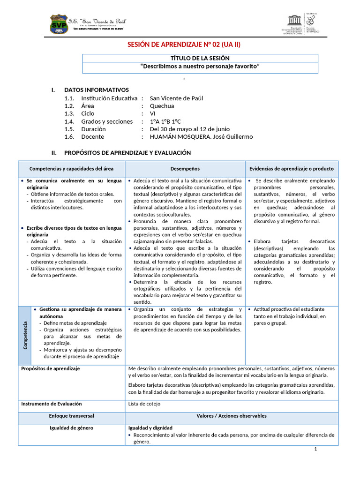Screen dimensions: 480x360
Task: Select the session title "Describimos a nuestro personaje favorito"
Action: [x=200, y=67]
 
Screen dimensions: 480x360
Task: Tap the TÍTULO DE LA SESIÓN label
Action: [x=200, y=58]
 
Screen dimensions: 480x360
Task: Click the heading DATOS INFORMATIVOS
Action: [x=96, y=90]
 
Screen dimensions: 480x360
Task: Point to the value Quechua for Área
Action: [x=162, y=106]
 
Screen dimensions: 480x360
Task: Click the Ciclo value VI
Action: [x=153, y=113]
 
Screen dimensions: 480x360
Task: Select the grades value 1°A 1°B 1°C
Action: [x=165, y=121]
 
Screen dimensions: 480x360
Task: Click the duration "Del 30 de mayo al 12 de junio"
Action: [x=189, y=129]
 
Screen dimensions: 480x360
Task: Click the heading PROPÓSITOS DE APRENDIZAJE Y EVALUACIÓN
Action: [x=127, y=153]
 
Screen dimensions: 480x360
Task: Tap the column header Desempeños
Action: [x=185, y=169]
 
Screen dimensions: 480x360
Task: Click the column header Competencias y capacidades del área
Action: [x=71, y=169]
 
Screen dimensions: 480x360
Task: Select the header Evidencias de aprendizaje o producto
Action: [x=291, y=169]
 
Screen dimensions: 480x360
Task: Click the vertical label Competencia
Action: [x=25, y=334]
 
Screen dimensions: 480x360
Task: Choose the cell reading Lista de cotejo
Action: [x=144, y=404]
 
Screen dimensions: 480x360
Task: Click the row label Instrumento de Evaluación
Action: [x=52, y=404]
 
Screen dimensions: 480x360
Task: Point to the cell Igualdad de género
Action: [x=71, y=428]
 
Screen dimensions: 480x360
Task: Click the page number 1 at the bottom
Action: [x=315, y=449]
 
